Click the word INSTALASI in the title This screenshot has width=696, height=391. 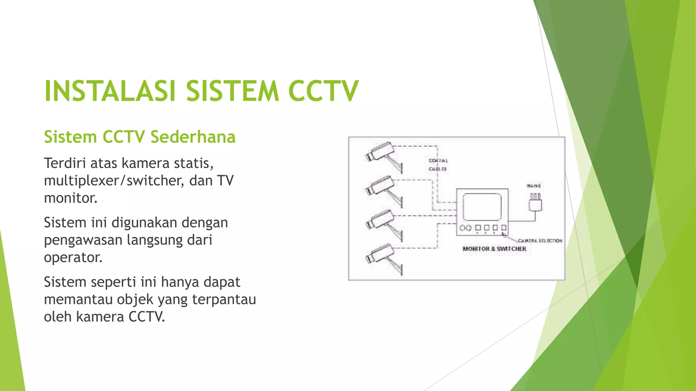pyautogui.click(x=110, y=91)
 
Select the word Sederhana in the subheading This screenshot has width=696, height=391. pyautogui.click(x=193, y=137)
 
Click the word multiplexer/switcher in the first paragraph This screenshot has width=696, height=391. pyautogui.click(x=114, y=181)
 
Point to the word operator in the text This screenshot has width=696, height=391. pyautogui.click(x=73, y=257)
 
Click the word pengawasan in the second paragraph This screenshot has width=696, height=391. pyautogui.click(x=83, y=240)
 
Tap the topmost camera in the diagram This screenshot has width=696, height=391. pyautogui.click(x=379, y=151)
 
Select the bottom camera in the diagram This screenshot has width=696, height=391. pyautogui.click(x=379, y=254)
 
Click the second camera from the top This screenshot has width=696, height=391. pyautogui.click(x=379, y=186)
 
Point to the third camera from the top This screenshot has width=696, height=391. pyautogui.click(x=379, y=220)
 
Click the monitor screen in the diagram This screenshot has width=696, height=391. pyautogui.click(x=482, y=207)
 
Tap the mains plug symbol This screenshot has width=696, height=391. pyautogui.click(x=535, y=203)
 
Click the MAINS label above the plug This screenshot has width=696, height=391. pyautogui.click(x=534, y=186)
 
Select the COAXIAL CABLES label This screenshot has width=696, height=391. pyautogui.click(x=438, y=165)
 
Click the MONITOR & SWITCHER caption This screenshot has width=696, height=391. pyautogui.click(x=494, y=249)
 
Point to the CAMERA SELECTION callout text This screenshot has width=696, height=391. pyautogui.click(x=540, y=241)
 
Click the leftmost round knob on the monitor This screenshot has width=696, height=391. pyautogui.click(x=462, y=228)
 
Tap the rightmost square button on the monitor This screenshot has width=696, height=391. pyautogui.click(x=504, y=227)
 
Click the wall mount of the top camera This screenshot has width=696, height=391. pyautogui.click(x=401, y=168)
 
